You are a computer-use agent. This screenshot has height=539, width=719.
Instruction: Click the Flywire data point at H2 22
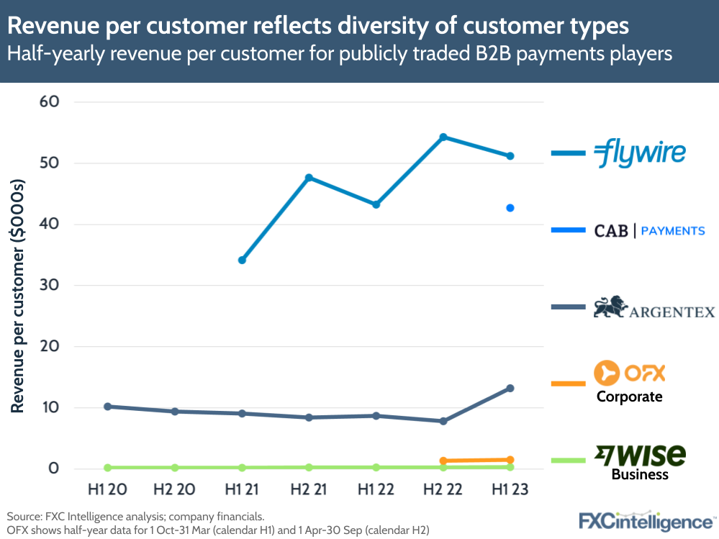pyautogui.click(x=443, y=137)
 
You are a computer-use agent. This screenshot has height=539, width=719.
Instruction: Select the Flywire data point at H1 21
pyautogui.click(x=242, y=260)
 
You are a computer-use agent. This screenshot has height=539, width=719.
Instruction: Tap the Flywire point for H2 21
pyautogui.click(x=309, y=177)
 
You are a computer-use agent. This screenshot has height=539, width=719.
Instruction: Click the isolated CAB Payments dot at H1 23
pyautogui.click(x=510, y=208)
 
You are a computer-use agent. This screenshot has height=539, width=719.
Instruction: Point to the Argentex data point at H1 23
pyautogui.click(x=510, y=388)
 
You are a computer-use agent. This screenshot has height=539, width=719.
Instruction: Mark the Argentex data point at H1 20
pyautogui.click(x=107, y=407)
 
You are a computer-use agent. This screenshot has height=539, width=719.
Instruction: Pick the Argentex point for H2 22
pyautogui.click(x=443, y=421)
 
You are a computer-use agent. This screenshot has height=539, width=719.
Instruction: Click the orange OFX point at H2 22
pyautogui.click(x=443, y=461)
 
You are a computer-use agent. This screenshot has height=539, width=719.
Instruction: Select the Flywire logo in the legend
pyautogui.click(x=640, y=153)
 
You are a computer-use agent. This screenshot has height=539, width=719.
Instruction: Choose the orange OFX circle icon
pyautogui.click(x=607, y=373)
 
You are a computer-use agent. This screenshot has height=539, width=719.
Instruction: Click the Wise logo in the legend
pyautogui.click(x=640, y=456)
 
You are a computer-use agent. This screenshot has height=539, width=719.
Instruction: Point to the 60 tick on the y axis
pyautogui.click(x=48, y=101)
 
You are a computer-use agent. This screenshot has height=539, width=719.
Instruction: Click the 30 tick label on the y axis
pyautogui.click(x=48, y=285)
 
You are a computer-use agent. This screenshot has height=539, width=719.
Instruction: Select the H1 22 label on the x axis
pyautogui.click(x=376, y=490)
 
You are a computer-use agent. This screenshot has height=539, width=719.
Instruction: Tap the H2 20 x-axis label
pyautogui.click(x=174, y=490)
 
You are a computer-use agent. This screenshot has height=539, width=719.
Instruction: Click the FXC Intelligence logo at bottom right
pyautogui.click(x=647, y=520)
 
